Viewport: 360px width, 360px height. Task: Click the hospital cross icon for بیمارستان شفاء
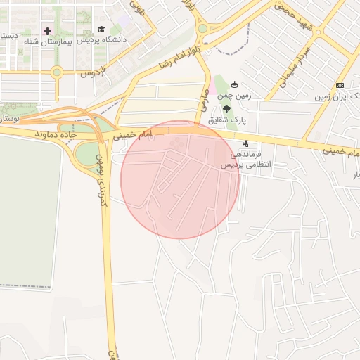point(48,31)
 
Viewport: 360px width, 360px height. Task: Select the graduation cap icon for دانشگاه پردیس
point(101,30)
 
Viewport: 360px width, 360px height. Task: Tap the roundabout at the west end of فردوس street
point(57,72)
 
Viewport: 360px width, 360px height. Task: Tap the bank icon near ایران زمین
point(340,85)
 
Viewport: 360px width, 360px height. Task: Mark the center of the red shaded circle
point(180,179)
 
